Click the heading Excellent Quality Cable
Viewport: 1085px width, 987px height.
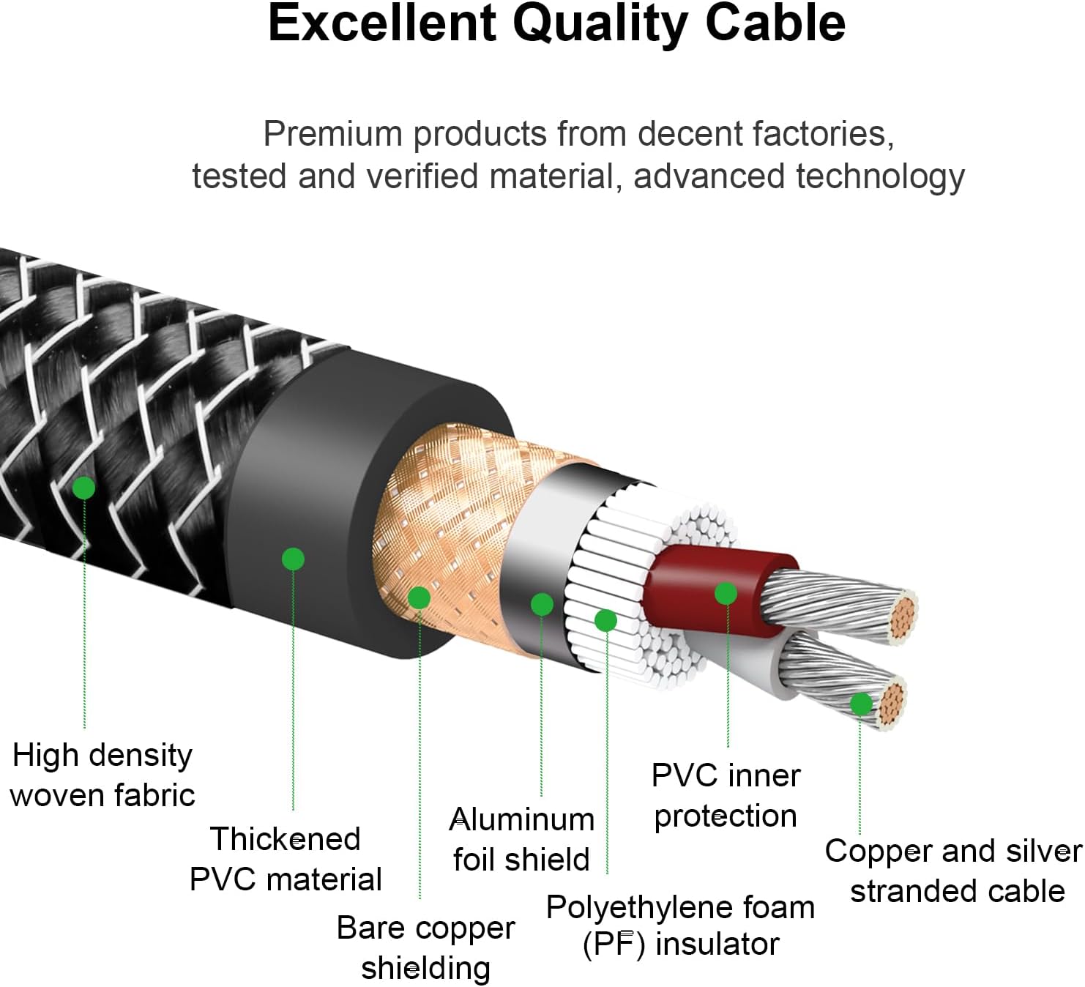click(x=556, y=23)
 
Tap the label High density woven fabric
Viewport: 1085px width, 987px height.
click(x=102, y=775)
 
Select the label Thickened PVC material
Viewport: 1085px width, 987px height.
click(x=286, y=859)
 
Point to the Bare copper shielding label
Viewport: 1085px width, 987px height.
click(x=425, y=947)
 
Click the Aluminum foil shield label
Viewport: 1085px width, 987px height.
click(x=521, y=839)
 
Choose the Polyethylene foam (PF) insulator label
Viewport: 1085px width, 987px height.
click(x=680, y=925)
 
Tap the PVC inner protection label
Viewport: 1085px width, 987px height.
click(x=726, y=795)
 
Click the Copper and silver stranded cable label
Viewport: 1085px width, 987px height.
click(x=954, y=871)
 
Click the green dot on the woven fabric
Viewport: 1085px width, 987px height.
click(x=84, y=488)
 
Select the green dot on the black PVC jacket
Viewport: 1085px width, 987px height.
click(x=293, y=559)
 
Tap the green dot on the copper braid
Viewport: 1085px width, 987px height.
click(x=419, y=598)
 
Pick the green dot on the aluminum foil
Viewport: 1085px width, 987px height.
click(x=542, y=604)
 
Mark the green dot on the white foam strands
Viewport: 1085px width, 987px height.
click(x=605, y=621)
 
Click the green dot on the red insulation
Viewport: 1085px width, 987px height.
click(x=726, y=593)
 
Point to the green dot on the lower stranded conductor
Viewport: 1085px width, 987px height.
click(x=861, y=704)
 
